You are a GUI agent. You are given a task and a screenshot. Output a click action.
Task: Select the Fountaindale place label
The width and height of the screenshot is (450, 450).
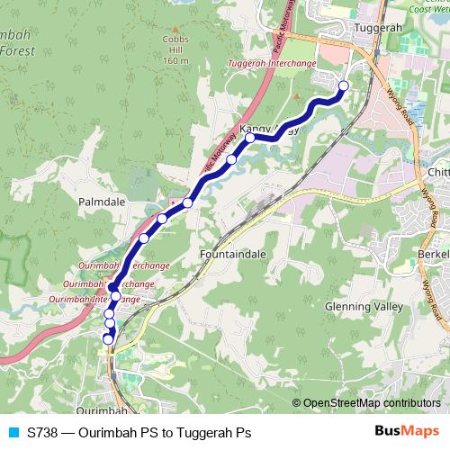(232, 255)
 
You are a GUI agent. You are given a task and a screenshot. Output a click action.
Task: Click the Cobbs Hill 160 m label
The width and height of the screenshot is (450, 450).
(175, 50)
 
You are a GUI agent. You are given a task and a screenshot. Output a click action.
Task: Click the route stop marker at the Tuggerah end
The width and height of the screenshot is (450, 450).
(343, 86)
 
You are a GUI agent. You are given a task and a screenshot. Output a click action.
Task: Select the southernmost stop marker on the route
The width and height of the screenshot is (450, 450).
(108, 339)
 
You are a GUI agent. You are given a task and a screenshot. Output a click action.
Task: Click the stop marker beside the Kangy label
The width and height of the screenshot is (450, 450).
(249, 138)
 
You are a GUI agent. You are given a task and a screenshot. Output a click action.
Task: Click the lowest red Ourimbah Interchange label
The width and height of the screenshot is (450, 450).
(94, 298)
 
